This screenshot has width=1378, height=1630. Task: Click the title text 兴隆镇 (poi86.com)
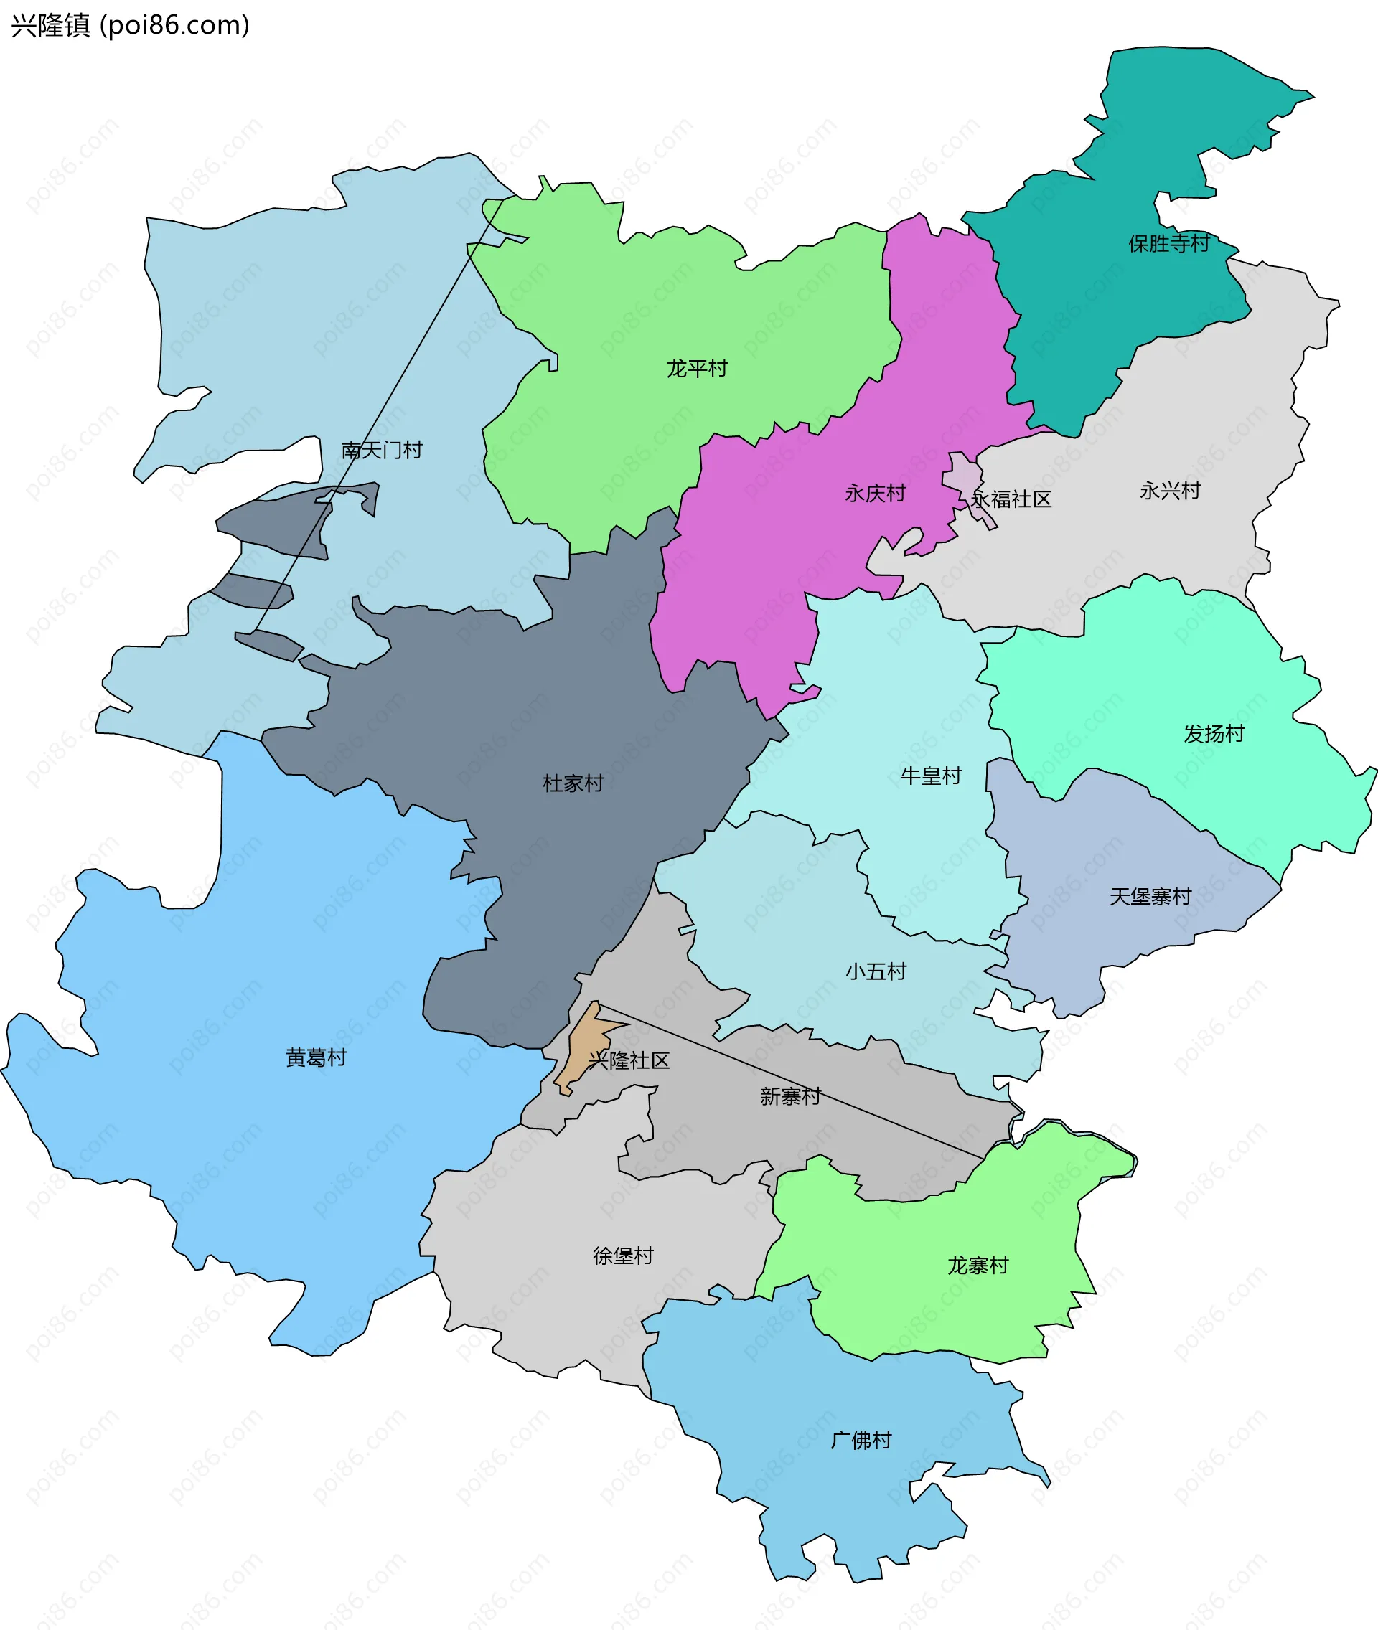tap(131, 26)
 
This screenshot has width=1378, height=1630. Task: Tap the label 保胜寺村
tap(1168, 244)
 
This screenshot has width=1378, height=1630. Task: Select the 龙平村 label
tap(697, 368)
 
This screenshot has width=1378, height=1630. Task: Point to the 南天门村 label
tap(381, 450)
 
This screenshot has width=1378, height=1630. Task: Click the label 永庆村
tap(875, 493)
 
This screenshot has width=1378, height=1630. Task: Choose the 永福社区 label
tap(1012, 499)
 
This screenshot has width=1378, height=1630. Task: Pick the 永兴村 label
tap(1169, 491)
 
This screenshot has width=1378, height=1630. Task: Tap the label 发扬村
tap(1213, 733)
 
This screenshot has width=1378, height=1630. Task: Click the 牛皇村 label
tap(930, 776)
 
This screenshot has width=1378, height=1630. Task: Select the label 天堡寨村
tap(1150, 896)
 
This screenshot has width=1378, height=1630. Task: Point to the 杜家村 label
tap(573, 783)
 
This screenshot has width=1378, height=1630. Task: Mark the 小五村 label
tap(876, 971)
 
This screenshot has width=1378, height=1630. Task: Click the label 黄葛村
tap(316, 1057)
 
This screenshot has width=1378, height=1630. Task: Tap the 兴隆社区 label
tap(629, 1060)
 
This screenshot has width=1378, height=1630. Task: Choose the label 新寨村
tap(789, 1096)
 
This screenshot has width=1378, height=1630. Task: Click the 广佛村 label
tap(861, 1439)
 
